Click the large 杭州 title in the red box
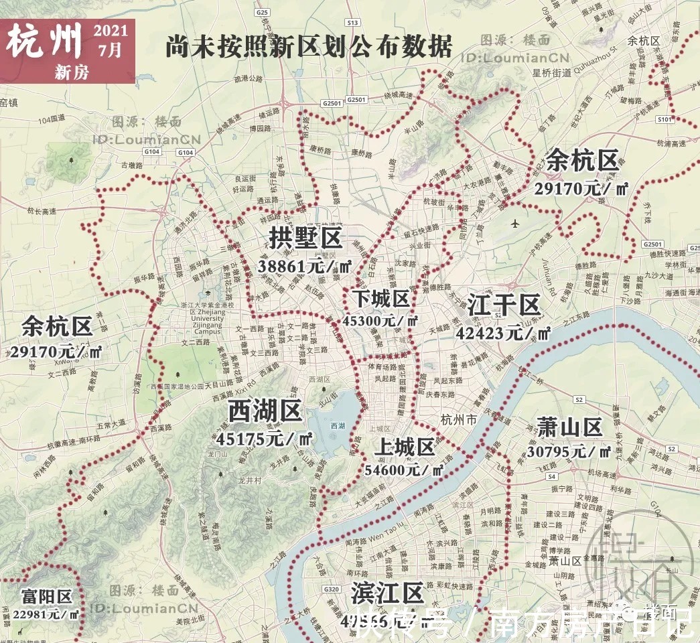tap(45, 42)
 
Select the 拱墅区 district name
tap(305, 238)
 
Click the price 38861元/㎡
tap(305, 265)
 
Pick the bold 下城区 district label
tap(381, 297)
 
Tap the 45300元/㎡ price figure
tap(380, 320)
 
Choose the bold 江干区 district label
tap(504, 305)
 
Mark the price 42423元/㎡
tap(503, 332)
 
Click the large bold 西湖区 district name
tap(265, 411)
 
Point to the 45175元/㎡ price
tap(265, 439)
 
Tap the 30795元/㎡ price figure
tap(568, 451)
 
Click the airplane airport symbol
tap(514, 222)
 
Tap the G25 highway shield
tap(262, 12)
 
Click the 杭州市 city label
tap(459, 420)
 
